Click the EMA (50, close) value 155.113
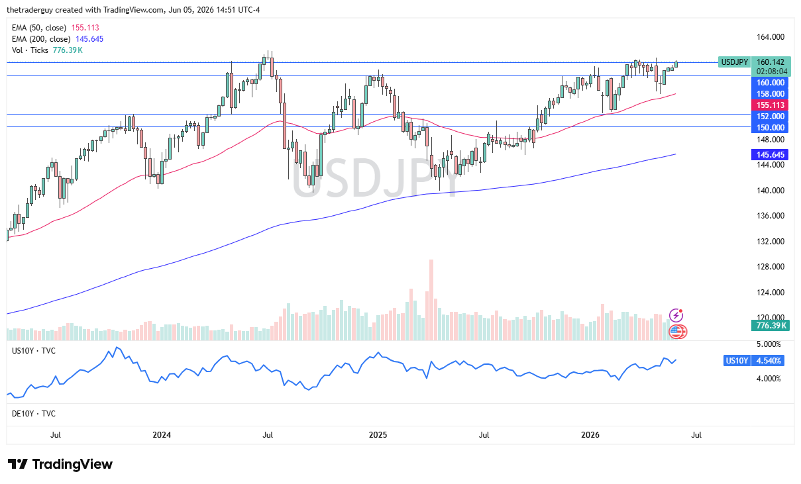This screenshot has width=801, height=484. [85, 28]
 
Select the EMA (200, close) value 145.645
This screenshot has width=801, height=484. [89, 39]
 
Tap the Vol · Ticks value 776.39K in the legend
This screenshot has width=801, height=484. [68, 50]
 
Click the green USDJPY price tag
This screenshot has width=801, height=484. [735, 62]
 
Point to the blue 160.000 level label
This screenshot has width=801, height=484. [770, 83]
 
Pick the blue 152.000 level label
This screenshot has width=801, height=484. [770, 116]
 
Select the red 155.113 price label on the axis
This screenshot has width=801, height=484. [770, 105]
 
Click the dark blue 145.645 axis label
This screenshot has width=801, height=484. [770, 155]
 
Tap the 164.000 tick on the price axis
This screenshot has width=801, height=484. [771, 37]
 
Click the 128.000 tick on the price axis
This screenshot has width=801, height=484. [771, 267]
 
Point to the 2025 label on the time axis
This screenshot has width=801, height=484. [378, 434]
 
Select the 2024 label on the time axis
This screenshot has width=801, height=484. [162, 434]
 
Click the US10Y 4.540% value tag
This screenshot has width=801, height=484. [768, 361]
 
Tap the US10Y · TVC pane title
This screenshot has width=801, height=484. [34, 351]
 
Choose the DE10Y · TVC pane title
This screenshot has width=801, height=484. [34, 414]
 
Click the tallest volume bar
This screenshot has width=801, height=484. [431, 300]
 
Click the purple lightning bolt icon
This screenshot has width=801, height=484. [676, 316]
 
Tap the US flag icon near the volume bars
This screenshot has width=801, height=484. [676, 332]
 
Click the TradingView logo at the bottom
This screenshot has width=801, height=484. [60, 464]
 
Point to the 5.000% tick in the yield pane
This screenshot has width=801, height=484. [769, 344]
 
